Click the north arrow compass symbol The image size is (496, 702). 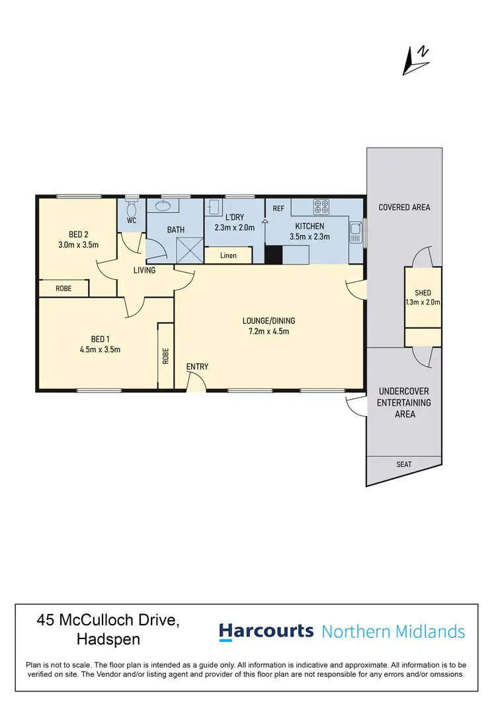pos(416,60)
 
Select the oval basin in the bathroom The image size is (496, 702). pos(161,206)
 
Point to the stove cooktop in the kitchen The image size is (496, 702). pos(321,207)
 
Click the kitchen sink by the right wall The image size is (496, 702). pos(356,232)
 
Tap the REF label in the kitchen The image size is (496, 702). pos(278,208)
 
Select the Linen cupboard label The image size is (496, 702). pos(227,255)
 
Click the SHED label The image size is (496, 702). pos(423,293)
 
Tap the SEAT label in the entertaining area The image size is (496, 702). pos(404,464)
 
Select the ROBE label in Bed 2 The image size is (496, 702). pos(63,288)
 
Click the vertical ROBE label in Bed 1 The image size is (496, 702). pos(166,357)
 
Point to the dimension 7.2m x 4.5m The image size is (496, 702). pos(269,331)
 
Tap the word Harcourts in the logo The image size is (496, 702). pos(266,631)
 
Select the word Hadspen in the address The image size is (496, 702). pos(108,640)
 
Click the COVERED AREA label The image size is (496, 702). pos(404,207)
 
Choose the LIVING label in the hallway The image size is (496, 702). pos(144,270)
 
